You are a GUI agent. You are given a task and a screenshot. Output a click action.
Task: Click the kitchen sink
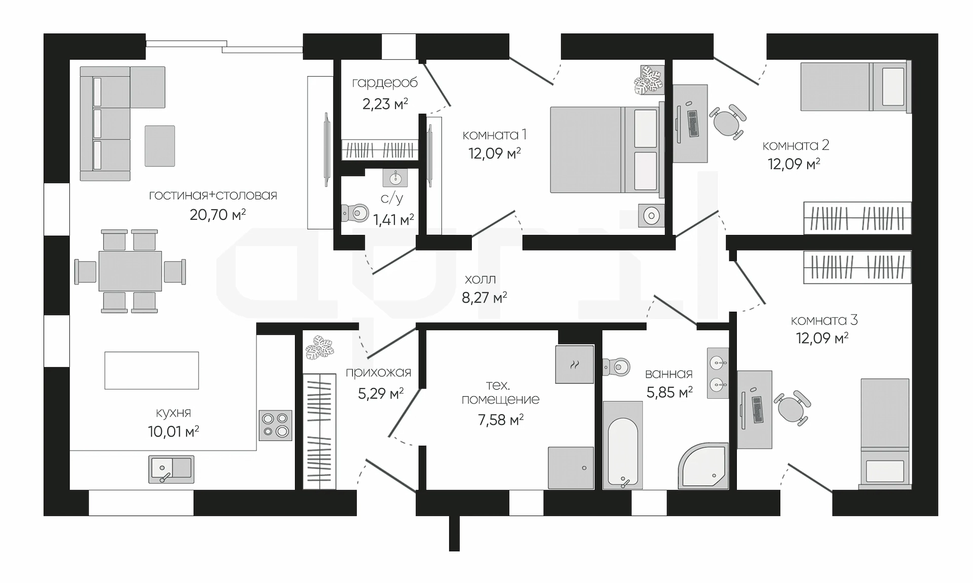171,469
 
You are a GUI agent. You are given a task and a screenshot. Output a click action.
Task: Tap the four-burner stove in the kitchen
275,425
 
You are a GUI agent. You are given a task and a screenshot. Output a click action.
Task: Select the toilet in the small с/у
355,213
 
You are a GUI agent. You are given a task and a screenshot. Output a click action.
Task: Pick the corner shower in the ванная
703,466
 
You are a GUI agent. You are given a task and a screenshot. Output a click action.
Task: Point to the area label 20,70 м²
218,215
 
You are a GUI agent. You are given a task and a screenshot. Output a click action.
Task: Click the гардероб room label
385,83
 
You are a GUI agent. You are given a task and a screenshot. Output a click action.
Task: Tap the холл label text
480,279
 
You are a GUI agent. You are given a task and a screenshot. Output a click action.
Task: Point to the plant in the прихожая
320,347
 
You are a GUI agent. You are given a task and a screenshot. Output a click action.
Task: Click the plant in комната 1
649,79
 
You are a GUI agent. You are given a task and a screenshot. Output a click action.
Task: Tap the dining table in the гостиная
130,271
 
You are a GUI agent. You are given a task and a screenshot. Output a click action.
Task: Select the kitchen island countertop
152,370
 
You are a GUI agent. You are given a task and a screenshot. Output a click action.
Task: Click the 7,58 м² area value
501,420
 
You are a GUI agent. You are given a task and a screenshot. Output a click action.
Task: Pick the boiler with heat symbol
575,364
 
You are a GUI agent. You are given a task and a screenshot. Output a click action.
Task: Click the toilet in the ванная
616,366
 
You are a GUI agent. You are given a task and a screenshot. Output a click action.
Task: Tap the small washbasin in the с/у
395,178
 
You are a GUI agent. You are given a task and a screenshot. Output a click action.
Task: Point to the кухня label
173,413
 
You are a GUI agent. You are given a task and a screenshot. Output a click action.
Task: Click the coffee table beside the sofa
160,146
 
